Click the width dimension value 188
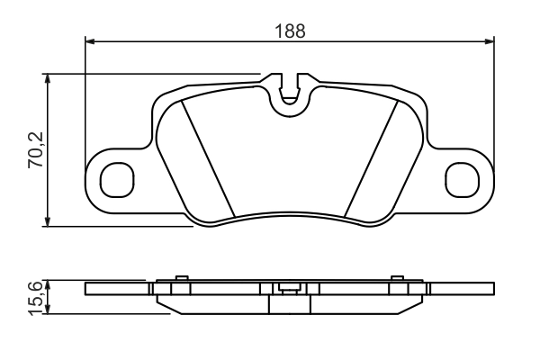pos(290,30)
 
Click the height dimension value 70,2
pos(35,148)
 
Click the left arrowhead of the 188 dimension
pos(90,40)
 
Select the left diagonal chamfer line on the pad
pos(208,158)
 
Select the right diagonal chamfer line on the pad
pos(372,158)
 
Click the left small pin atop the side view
pos(183,278)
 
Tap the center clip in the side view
pos(290,289)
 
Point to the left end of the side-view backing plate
pos(88,289)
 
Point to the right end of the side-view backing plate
pos(491,289)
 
